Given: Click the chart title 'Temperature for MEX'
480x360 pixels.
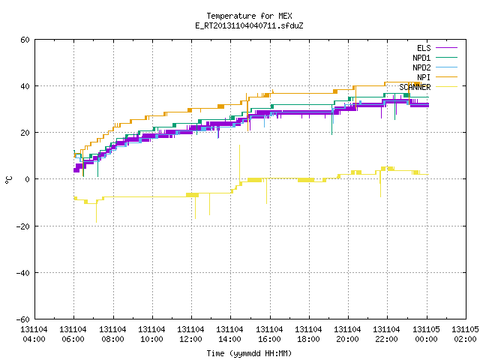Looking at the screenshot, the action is click(249, 16).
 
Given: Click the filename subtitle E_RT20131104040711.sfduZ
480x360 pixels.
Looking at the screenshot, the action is click(249, 25).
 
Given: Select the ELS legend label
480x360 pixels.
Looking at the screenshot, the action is click(424, 48).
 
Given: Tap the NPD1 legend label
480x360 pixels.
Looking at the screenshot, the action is click(421, 58).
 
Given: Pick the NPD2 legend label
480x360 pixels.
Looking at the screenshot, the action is click(421, 67).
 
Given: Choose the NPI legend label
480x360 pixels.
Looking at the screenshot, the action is click(424, 77).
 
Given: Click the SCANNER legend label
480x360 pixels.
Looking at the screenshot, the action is click(415, 87).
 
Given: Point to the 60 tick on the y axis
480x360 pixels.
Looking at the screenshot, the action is click(25, 40).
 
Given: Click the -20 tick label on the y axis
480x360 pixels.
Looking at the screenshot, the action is click(23, 226).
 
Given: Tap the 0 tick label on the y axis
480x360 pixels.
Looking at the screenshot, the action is click(27, 179).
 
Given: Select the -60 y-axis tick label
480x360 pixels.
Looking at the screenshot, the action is click(23, 319).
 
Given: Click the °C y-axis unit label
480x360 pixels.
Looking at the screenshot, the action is click(9, 180).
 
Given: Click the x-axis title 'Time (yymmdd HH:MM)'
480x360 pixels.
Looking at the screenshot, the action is click(249, 353).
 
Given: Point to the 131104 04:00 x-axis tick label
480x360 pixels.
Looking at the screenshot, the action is click(34, 334).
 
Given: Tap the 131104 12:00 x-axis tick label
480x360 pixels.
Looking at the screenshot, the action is click(190, 334).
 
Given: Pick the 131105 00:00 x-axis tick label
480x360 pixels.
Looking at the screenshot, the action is click(426, 334).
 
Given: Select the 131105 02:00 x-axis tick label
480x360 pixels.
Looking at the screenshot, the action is click(465, 334).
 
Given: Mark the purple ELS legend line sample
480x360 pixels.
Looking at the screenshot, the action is click(446, 48).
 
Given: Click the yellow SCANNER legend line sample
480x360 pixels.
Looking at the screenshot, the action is click(446, 87).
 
